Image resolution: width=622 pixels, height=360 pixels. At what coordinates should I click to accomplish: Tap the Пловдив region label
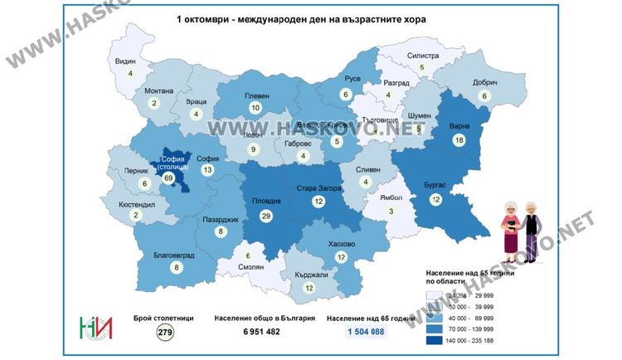click(x=266, y=201)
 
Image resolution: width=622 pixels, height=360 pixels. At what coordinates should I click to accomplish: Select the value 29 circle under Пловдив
click(x=266, y=216)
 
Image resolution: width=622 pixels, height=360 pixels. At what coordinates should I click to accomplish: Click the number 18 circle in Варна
click(x=458, y=142)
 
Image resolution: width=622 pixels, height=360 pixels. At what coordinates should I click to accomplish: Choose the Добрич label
click(x=485, y=83)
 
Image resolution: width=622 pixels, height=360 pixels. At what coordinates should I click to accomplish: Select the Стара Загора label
click(x=319, y=189)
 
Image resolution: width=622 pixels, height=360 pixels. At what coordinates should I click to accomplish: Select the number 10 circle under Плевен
click(x=255, y=109)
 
